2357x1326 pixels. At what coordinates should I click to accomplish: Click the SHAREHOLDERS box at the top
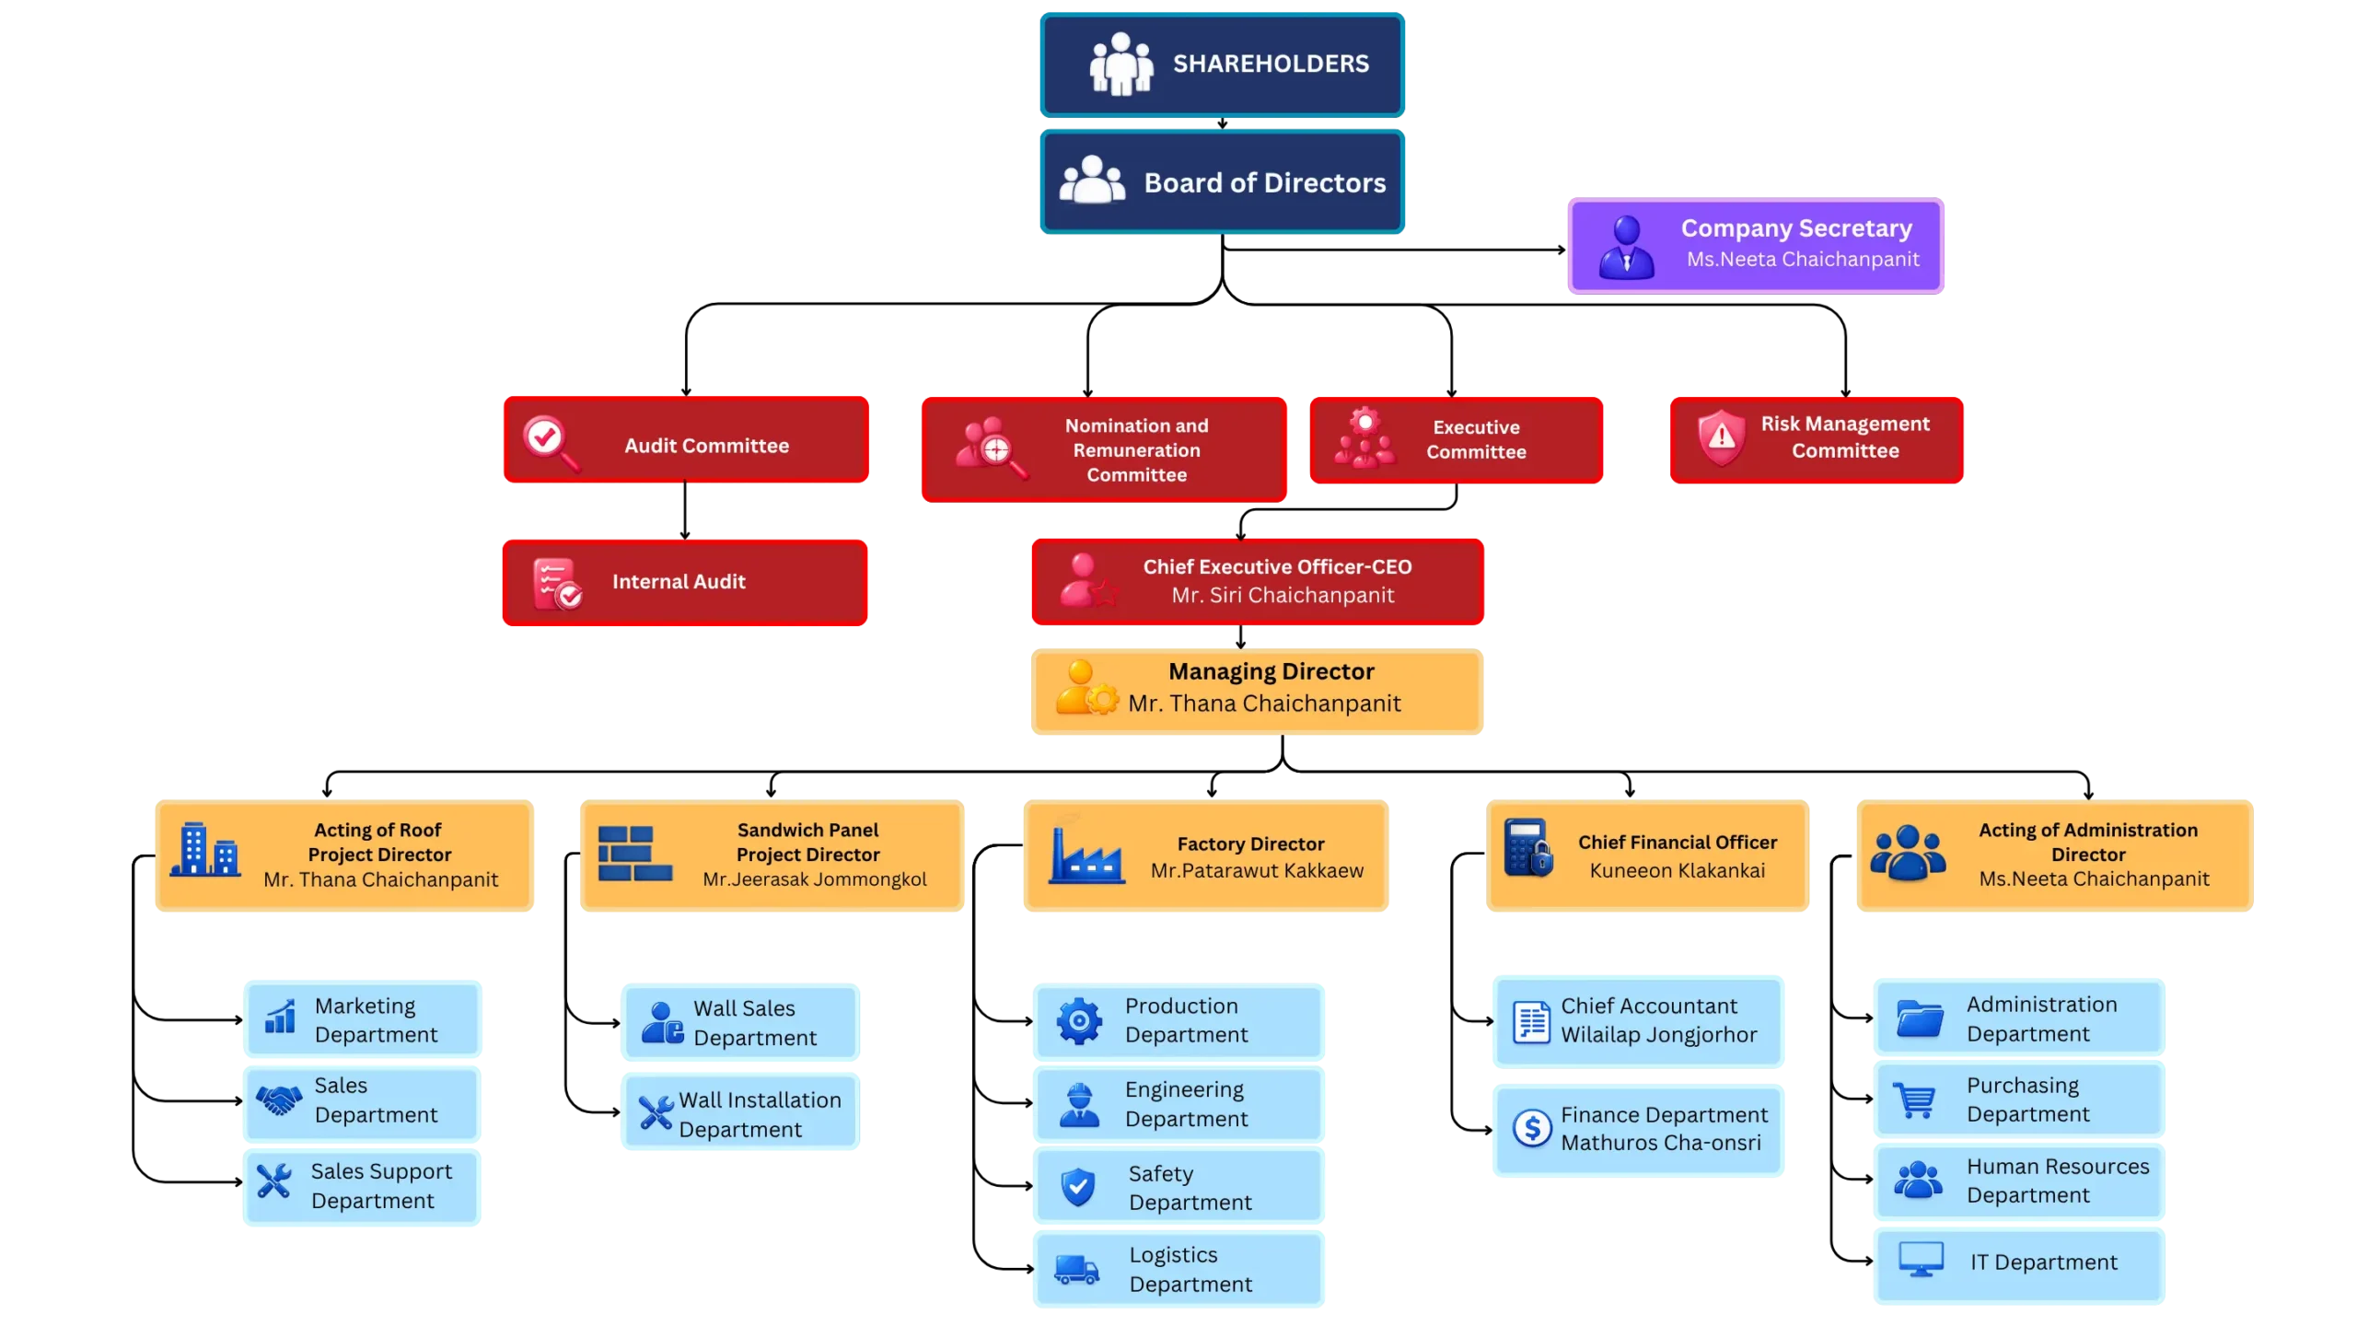pos(1222,64)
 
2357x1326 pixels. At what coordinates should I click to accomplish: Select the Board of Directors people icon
pos(1092,180)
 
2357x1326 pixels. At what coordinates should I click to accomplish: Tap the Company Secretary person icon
pos(1626,246)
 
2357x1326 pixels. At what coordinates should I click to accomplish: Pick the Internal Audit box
pos(684,582)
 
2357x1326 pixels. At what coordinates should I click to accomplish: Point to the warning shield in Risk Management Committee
pos(1721,438)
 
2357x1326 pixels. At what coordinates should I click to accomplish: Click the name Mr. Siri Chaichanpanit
pos(1283,596)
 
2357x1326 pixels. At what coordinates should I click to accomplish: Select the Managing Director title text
pos(1271,671)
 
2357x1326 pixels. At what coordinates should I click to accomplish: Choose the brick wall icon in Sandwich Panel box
pos(634,853)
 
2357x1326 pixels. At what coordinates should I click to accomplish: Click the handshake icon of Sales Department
pos(278,1099)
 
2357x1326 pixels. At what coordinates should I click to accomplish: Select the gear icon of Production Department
pos(1079,1020)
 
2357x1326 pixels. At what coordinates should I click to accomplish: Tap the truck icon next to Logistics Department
pos(1076,1270)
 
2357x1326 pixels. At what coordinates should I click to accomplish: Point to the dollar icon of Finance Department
pos(1532,1127)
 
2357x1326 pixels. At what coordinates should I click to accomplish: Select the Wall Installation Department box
pos(740,1112)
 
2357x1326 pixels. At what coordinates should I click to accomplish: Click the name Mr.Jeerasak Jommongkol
pos(814,879)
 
